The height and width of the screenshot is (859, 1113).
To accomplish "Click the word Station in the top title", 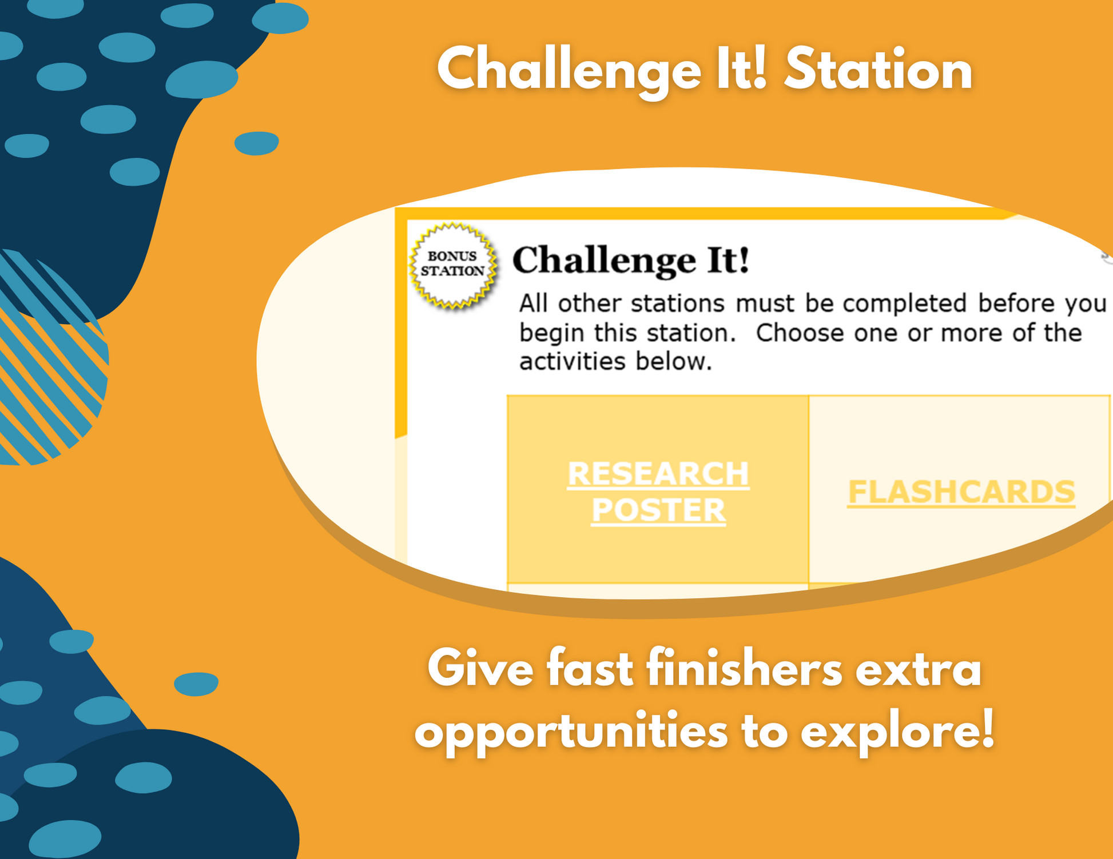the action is pyautogui.click(x=879, y=70).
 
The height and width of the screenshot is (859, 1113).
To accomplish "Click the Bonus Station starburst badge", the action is pyautogui.click(x=453, y=266).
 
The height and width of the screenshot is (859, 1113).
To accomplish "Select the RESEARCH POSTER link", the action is pyautogui.click(x=658, y=492).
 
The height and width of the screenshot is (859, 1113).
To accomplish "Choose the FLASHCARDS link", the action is pyautogui.click(x=961, y=492).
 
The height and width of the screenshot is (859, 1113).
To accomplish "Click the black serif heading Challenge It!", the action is pyautogui.click(x=630, y=261).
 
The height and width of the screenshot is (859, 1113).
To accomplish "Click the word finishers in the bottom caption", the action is pyautogui.click(x=745, y=669).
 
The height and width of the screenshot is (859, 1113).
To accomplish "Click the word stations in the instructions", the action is pyautogui.click(x=678, y=303).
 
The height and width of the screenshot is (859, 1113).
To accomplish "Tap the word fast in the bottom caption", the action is pyautogui.click(x=590, y=669).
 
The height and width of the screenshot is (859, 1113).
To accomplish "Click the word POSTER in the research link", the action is pyautogui.click(x=658, y=510).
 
